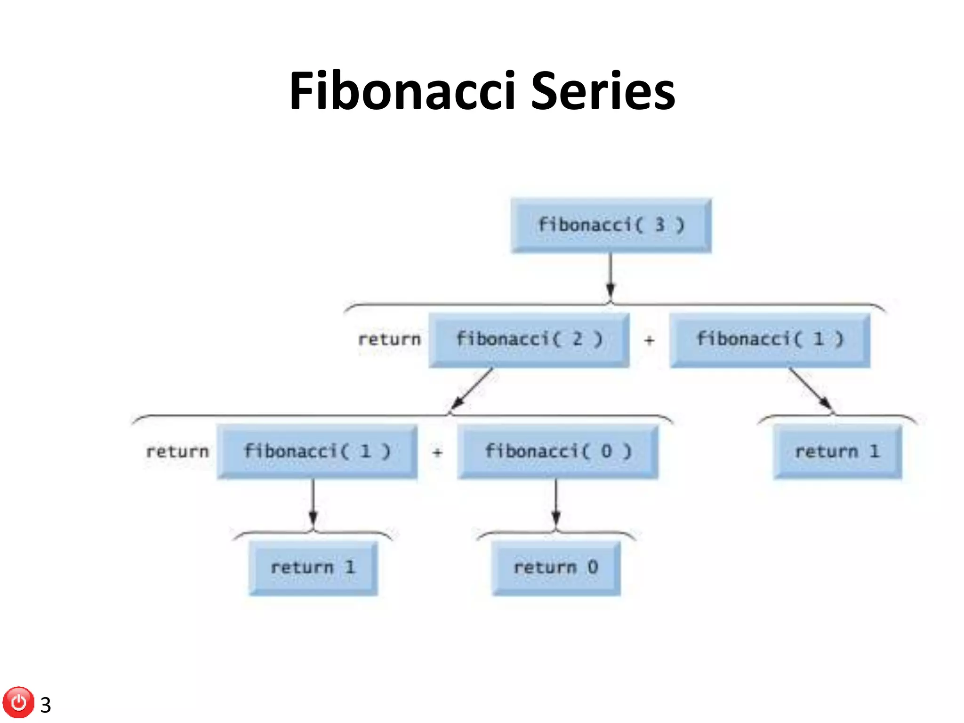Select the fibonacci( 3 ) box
point(611,225)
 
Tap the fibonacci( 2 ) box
point(529,340)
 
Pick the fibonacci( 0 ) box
point(557,451)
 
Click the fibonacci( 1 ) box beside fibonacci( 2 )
point(770,340)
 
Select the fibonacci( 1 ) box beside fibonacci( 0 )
point(317,451)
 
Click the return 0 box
point(556,568)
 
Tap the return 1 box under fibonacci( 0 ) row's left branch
point(313,568)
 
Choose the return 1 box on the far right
point(837,451)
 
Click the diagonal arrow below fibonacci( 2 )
point(472,389)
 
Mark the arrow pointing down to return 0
point(556,504)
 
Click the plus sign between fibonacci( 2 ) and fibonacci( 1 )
point(649,340)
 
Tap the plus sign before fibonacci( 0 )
point(437,452)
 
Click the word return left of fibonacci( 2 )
point(389,339)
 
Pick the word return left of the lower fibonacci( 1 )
point(177,452)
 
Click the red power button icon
point(19,702)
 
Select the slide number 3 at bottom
point(46,705)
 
